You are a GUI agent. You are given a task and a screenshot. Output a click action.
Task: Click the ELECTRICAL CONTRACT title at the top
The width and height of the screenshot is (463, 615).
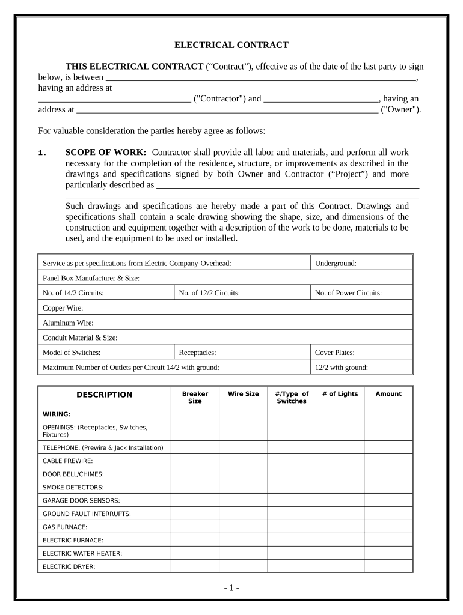[x=231, y=45]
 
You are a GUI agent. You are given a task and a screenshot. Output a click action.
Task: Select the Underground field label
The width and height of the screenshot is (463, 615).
[x=336, y=263]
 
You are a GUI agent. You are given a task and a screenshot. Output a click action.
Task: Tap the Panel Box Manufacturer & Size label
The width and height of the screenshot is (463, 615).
[x=91, y=278]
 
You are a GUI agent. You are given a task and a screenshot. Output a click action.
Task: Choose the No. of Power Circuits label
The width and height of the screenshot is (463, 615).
[x=348, y=293]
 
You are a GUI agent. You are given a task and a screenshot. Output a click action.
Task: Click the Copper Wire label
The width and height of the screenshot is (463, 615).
[x=63, y=308]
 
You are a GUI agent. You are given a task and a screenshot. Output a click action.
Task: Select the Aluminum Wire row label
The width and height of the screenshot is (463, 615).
[x=68, y=323]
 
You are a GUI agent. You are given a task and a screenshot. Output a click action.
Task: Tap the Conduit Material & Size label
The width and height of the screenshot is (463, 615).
[x=80, y=338]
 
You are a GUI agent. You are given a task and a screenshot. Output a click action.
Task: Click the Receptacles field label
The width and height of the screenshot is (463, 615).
[x=197, y=353]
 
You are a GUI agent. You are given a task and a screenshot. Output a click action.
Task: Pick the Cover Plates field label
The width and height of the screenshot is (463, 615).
[x=335, y=353]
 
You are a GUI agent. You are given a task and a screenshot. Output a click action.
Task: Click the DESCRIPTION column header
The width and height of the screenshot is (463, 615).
[x=104, y=395]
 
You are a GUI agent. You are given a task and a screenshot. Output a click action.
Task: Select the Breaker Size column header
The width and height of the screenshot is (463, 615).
[x=195, y=397]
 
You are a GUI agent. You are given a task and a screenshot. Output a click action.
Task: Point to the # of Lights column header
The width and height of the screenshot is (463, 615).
[x=340, y=394]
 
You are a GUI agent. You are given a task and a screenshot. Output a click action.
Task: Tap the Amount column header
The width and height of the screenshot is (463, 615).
[x=388, y=394]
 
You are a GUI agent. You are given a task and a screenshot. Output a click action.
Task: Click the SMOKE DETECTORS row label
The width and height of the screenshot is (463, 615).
[x=73, y=487]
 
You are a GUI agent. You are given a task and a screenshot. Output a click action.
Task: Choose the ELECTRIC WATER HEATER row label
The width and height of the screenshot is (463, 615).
[x=82, y=553]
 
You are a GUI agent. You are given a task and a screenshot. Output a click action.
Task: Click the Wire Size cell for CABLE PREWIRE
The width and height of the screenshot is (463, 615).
[x=243, y=461]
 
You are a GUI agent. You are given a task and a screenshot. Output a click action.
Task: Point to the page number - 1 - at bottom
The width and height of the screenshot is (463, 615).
[x=231, y=588]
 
